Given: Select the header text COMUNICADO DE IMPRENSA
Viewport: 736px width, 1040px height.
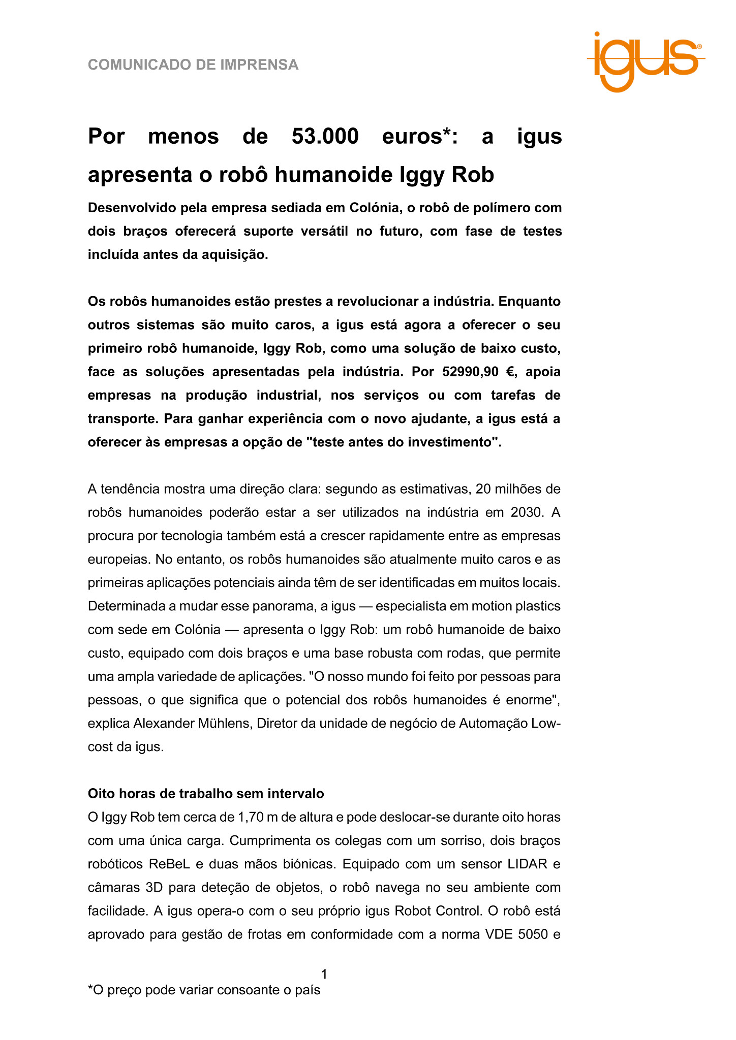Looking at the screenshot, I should click(193, 65).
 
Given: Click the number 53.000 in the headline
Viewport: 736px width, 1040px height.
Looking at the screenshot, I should click(325, 136).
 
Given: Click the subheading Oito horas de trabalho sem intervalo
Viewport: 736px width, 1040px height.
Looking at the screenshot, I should click(206, 793).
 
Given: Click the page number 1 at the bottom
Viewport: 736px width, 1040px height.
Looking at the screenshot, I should click(324, 974).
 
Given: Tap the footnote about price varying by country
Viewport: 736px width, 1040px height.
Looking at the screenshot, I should click(204, 990).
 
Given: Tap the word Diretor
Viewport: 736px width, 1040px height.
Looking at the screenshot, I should click(277, 723).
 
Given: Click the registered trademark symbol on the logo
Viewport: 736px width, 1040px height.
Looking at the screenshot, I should click(700, 46).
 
